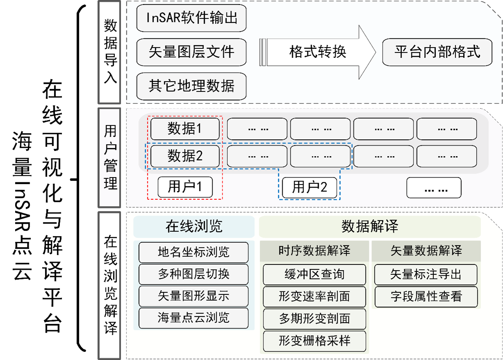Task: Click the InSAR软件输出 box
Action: click(x=192, y=18)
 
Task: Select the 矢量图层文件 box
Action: click(x=192, y=52)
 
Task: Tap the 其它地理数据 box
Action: click(x=192, y=86)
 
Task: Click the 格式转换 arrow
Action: click(x=318, y=52)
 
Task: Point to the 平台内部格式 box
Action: click(x=437, y=52)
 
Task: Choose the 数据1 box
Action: click(x=185, y=129)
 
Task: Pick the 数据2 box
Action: click(x=185, y=156)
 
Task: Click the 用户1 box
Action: click(x=185, y=187)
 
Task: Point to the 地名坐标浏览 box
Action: click(x=194, y=252)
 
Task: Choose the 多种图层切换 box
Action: click(x=194, y=274)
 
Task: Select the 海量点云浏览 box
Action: click(x=194, y=318)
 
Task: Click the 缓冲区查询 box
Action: click(x=315, y=274)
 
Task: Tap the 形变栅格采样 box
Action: click(x=315, y=340)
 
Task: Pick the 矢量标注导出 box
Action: click(x=426, y=274)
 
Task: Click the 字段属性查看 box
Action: click(x=426, y=296)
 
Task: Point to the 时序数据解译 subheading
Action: click(x=315, y=251)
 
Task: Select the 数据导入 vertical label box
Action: click(x=109, y=52)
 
